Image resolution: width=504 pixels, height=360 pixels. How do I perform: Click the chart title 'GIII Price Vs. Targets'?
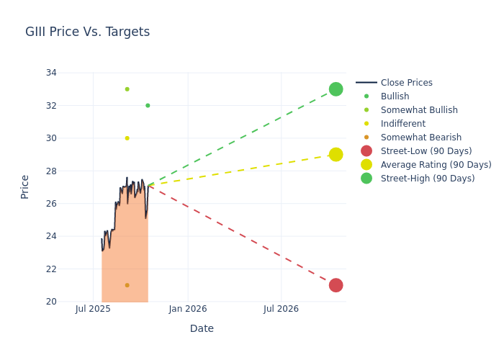pos(87,32)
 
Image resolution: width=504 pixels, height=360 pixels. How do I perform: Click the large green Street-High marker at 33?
pos(336,89)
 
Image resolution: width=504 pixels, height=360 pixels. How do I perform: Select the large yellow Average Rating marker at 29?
pos(336,155)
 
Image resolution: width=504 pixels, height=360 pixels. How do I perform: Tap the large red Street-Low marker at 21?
pos(336,285)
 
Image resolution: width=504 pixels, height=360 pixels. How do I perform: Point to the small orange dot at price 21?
pos(127,285)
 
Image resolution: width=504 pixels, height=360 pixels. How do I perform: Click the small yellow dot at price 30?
pos(127,138)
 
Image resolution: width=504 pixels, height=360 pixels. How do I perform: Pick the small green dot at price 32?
pos(148,106)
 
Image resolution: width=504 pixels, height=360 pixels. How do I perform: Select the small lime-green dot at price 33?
pos(127,89)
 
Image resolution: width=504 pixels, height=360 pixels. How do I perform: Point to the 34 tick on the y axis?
pos(52,73)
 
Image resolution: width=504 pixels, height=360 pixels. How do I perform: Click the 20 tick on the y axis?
pos(52,302)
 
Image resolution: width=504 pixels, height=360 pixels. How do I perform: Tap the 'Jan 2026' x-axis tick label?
pos(187,309)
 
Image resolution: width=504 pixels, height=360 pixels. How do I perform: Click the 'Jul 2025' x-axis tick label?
pos(93,309)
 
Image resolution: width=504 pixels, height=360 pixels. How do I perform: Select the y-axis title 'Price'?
pos(25,186)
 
